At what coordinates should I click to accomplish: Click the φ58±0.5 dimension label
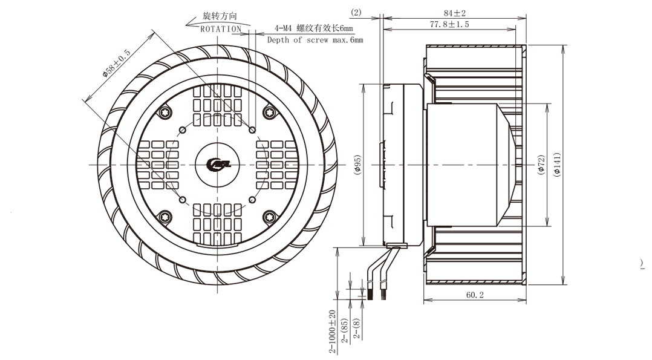117,64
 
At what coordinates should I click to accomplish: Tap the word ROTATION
221,29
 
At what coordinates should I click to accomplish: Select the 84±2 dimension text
454,13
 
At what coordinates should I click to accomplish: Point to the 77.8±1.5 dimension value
449,25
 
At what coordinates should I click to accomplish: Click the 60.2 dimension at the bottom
475,295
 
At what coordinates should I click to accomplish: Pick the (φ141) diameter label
557,165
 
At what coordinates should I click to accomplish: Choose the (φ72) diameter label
541,165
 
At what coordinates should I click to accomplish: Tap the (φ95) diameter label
357,165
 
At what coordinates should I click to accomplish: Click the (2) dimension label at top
356,13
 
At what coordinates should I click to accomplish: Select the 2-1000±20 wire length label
332,332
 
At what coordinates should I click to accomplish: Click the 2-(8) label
357,329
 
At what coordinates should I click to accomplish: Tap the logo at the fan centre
218,165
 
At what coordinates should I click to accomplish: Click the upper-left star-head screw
165,113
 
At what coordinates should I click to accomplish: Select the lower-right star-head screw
270,217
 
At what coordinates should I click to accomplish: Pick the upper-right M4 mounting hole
252,130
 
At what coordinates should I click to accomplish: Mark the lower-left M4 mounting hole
182,200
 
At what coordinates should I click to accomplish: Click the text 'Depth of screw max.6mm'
315,40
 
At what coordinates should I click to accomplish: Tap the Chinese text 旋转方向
220,16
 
